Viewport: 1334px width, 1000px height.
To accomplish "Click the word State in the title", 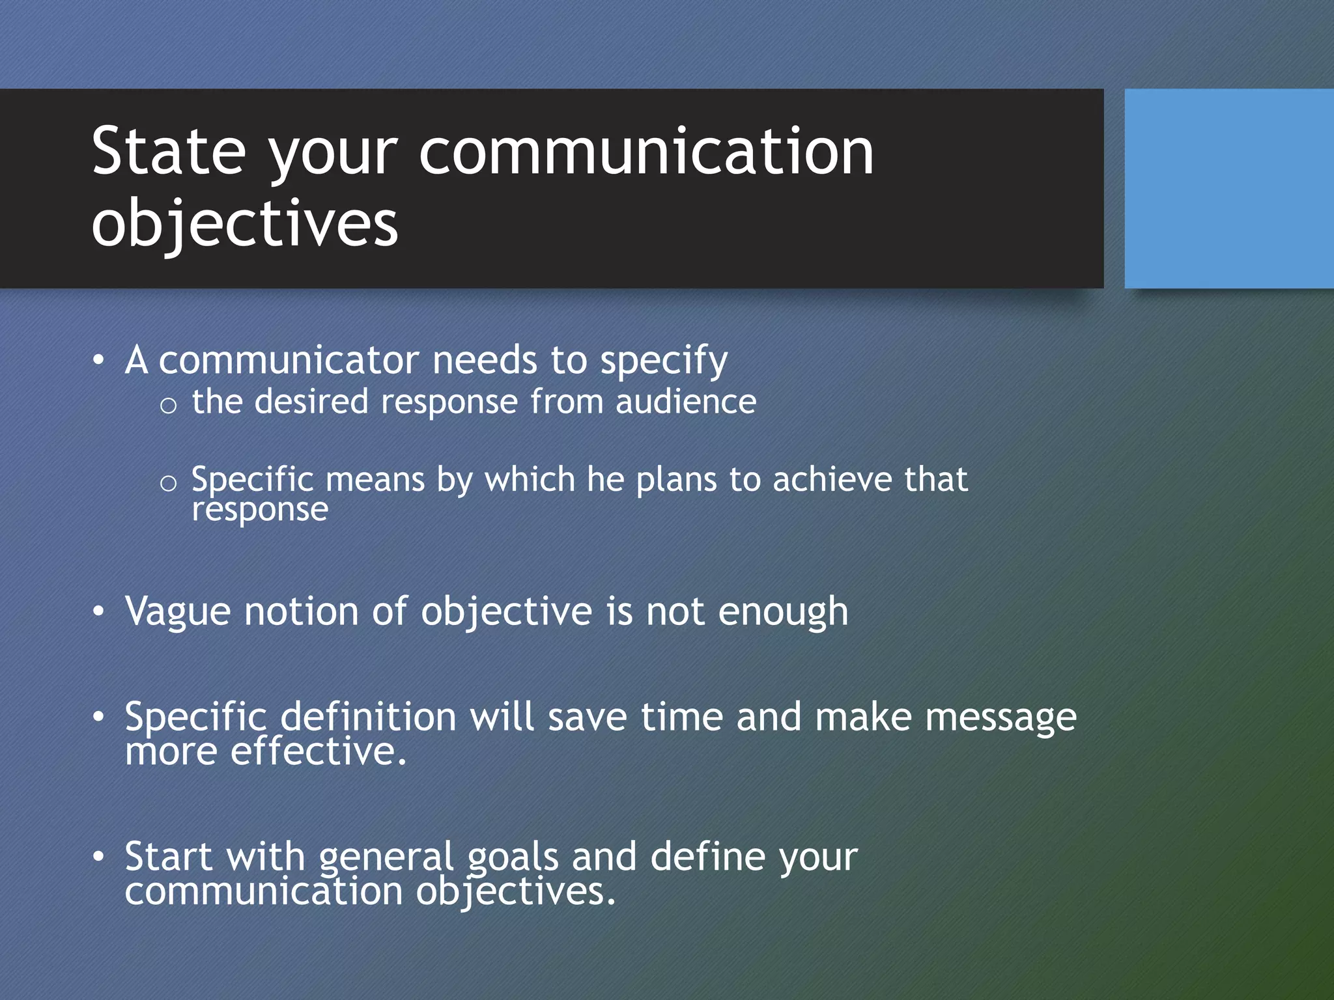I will (169, 152).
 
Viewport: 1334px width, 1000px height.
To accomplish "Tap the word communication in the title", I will (646, 152).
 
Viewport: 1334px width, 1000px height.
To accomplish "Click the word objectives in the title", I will (244, 223).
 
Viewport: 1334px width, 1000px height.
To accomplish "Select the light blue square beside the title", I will (1228, 188).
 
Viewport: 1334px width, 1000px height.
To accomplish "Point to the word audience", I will (686, 402).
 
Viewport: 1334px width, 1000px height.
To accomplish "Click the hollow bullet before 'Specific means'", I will (168, 483).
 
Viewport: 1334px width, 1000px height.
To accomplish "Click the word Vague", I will (178, 612).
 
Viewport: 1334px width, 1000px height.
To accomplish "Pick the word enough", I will (783, 612).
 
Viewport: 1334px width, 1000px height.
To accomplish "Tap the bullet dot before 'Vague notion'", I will (98, 612).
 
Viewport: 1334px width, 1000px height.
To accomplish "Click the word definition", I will (368, 717).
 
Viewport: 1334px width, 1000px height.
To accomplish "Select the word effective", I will (318, 752).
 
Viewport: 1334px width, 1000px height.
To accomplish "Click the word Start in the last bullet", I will (169, 856).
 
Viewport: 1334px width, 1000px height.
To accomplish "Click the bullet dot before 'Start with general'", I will (98, 857).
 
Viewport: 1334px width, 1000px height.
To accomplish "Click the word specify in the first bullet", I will (663, 361).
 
